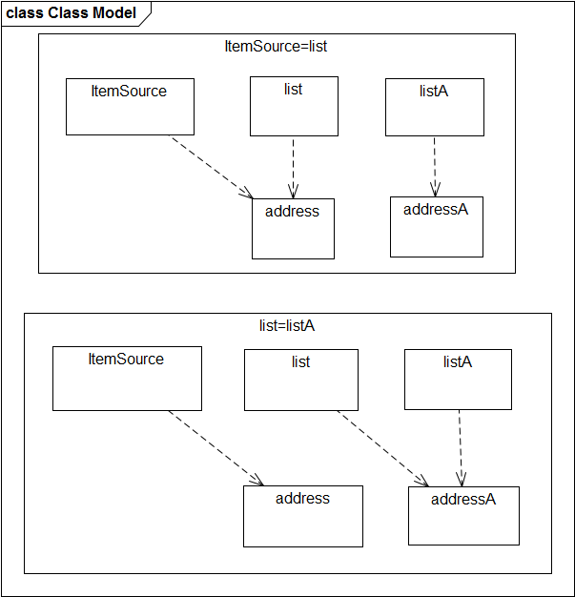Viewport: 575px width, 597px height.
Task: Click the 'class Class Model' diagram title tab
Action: coord(72,13)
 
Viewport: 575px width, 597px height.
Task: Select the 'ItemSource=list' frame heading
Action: coord(276,47)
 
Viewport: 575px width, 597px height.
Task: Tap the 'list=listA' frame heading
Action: coord(287,326)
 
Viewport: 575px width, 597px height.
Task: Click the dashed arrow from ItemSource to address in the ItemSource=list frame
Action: coord(211,167)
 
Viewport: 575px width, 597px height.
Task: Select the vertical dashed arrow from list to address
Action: coord(293,167)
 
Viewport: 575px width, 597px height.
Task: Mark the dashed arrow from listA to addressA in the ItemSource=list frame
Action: coord(435,166)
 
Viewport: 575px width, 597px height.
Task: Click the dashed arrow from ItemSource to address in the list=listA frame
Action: coord(216,448)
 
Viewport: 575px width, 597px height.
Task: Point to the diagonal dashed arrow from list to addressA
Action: coord(382,448)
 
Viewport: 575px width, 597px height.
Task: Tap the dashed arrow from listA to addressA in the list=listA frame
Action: coord(461,448)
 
